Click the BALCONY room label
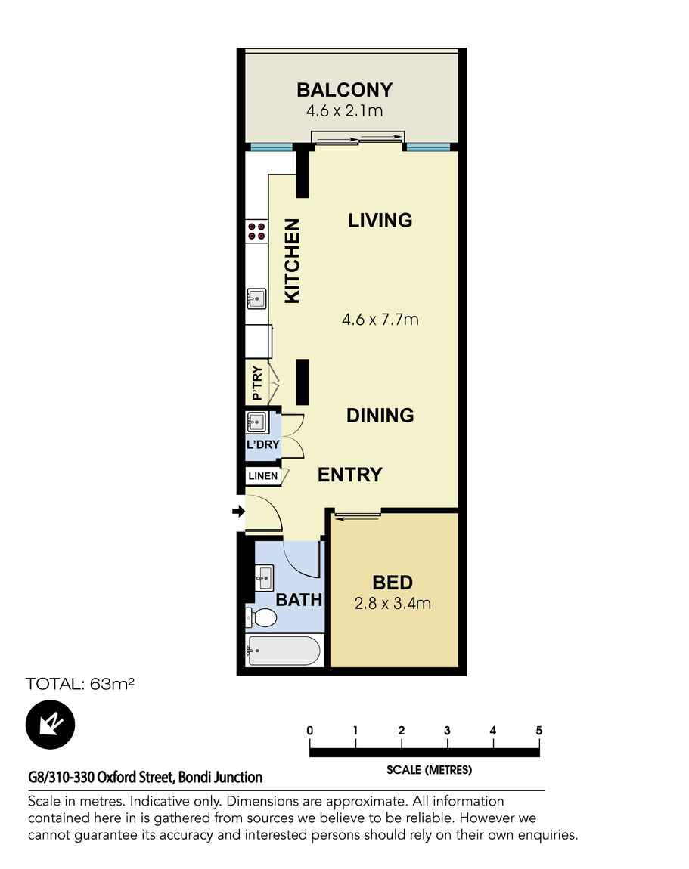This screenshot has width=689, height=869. click(344, 90)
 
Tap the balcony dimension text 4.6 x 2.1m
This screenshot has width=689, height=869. click(344, 111)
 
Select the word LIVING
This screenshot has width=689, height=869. click(380, 220)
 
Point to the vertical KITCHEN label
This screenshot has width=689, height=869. click(292, 261)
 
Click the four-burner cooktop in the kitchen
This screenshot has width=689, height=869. click(256, 230)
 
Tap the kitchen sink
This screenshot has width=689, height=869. click(256, 299)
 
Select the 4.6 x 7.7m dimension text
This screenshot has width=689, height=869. click(380, 320)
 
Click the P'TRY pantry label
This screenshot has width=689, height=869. click(257, 384)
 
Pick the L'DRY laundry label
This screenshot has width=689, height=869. click(262, 445)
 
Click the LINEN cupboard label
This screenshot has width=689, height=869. click(262, 476)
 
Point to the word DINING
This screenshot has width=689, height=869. click(380, 415)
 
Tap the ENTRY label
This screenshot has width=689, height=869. click(349, 475)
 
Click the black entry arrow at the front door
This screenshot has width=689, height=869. click(237, 512)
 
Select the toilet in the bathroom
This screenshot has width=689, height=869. click(260, 617)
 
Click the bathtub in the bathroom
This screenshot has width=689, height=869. click(284, 650)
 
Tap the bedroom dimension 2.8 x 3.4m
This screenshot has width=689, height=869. click(393, 604)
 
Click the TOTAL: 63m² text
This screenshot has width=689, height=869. click(80, 685)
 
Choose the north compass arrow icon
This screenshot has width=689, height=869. click(51, 724)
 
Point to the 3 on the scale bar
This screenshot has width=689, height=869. click(448, 731)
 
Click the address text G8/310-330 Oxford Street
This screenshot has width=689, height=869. click(145, 777)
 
